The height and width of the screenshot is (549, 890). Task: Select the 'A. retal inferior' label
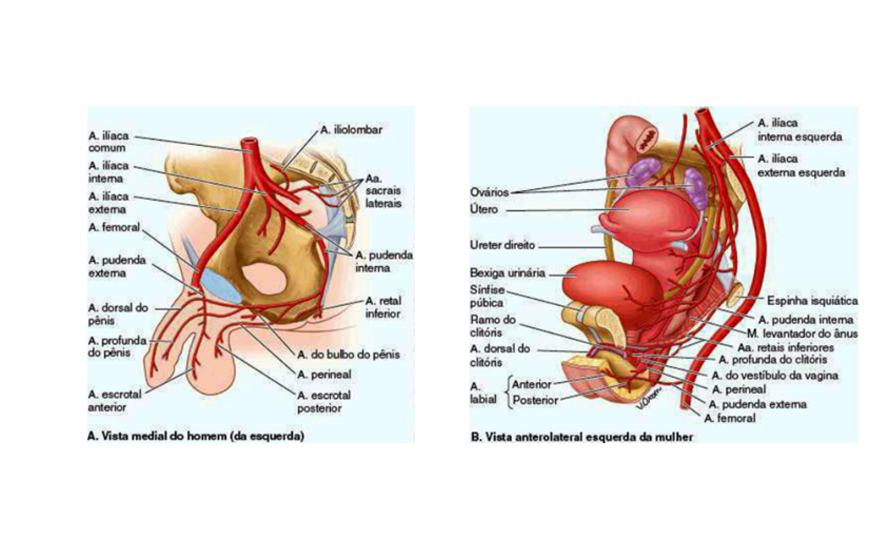tap(383, 307)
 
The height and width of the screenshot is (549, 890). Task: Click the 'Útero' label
tap(484, 210)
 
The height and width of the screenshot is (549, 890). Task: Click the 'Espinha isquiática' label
tap(812, 301)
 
